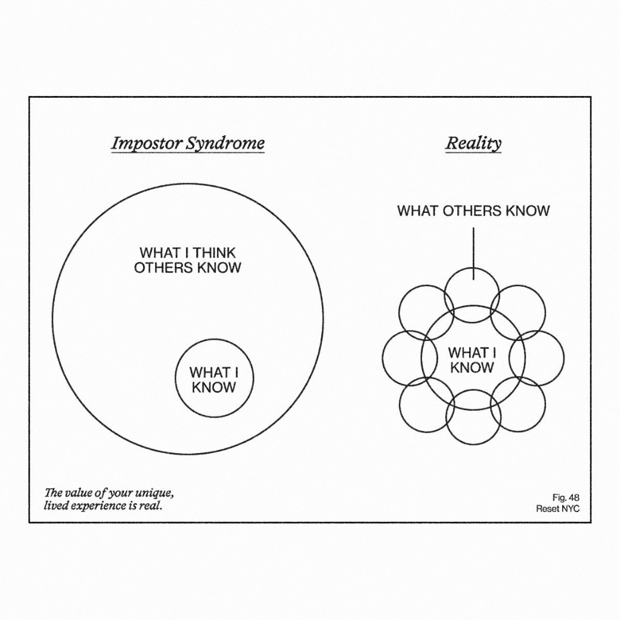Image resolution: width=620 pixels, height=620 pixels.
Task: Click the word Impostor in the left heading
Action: tap(140, 144)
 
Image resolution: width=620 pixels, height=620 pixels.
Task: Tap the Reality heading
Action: tap(473, 144)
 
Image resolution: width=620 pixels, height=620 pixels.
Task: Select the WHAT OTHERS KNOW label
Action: tap(473, 211)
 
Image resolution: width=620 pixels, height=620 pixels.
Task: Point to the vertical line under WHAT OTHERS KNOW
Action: tap(473, 250)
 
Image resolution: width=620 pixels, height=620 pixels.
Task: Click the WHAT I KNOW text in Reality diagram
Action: tap(472, 360)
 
